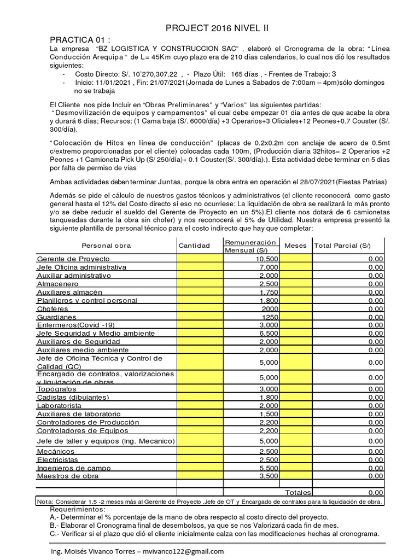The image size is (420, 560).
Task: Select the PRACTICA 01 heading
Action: click(x=80, y=40)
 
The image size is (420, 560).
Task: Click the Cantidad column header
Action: click(x=194, y=246)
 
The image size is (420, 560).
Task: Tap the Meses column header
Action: click(x=295, y=246)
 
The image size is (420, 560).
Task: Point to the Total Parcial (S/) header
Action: click(x=342, y=246)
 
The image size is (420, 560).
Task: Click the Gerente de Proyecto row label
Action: click(x=73, y=259)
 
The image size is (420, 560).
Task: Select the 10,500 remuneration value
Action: click(x=266, y=259)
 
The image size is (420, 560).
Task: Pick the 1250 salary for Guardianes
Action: click(x=270, y=317)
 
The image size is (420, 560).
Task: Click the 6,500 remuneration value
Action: click(x=268, y=333)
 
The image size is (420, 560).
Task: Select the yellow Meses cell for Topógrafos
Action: click(x=295, y=389)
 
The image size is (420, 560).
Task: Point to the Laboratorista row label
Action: click(x=59, y=405)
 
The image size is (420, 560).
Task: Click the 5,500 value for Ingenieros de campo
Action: click(x=268, y=468)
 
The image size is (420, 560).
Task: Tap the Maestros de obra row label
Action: click(x=68, y=476)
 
